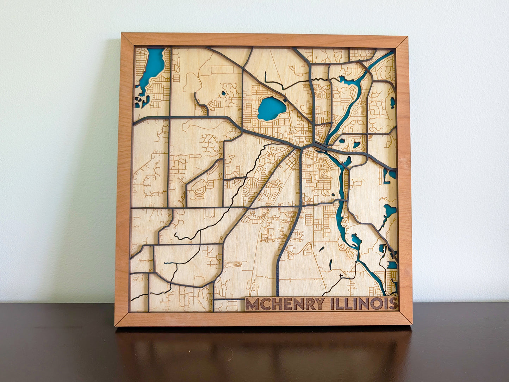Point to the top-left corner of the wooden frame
point(122,34)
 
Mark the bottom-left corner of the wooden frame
point(115,325)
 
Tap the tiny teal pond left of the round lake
point(223,94)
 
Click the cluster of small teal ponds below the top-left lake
point(140,102)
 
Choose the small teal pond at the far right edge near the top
point(393,102)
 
